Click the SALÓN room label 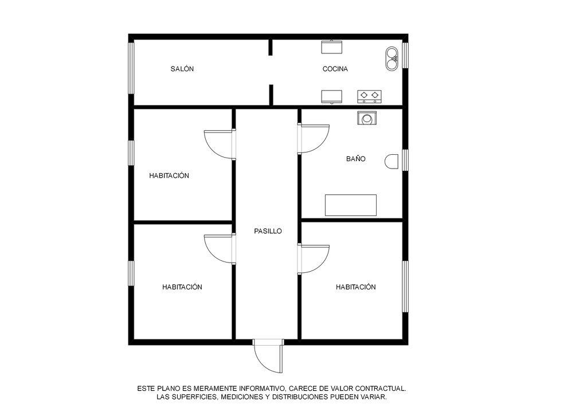182,69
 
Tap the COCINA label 335,69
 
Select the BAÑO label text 355,159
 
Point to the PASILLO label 268,231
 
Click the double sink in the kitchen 392,58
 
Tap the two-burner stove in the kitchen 369,96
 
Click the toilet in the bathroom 392,162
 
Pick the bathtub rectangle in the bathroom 351,205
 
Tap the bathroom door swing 314,139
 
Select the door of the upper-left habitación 220,144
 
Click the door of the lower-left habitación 220,249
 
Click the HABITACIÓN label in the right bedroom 355,287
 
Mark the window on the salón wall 131,68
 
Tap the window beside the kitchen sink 405,56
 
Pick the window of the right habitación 405,286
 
